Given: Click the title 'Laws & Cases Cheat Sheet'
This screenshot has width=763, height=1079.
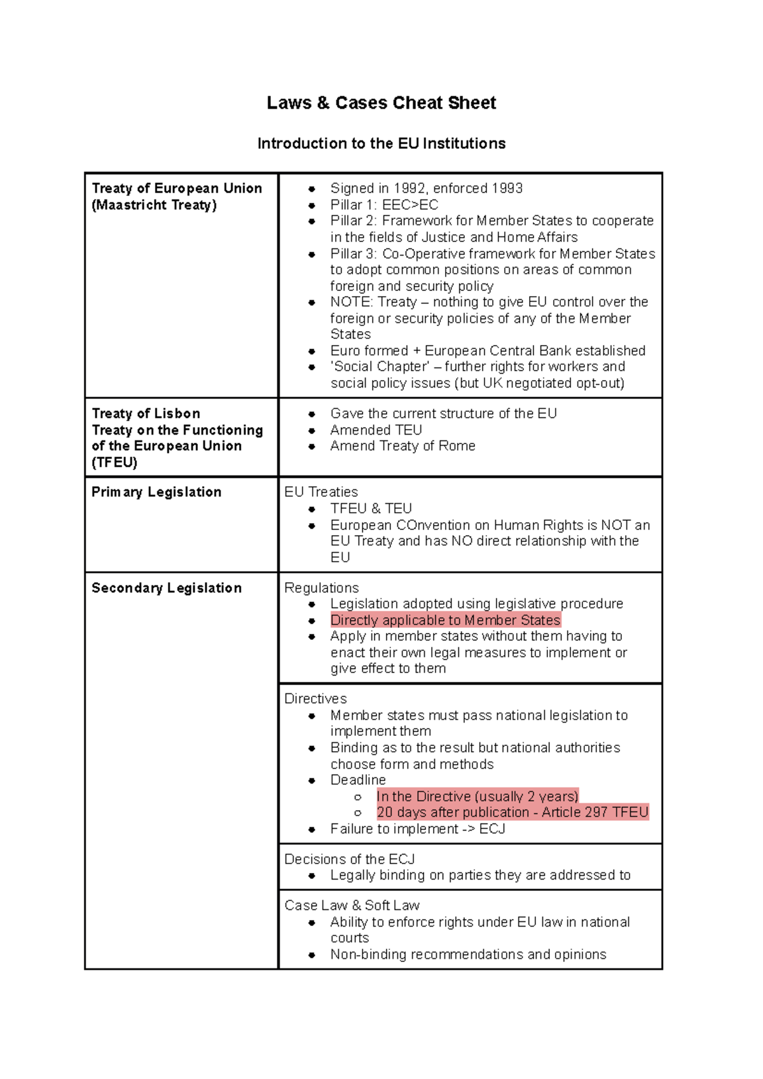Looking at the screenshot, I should (381, 103).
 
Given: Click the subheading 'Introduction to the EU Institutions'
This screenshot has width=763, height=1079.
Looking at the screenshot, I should (381, 144).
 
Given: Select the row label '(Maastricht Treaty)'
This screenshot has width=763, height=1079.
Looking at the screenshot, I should (155, 205).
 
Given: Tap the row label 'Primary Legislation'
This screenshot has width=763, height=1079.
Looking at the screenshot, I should (156, 492).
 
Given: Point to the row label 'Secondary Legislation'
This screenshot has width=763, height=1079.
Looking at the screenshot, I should (167, 588).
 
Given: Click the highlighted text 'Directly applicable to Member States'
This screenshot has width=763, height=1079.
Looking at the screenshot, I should (445, 620).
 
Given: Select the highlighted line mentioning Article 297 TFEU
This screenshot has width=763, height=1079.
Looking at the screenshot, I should (512, 812).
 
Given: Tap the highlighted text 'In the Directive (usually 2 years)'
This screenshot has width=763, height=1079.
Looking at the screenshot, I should (478, 796).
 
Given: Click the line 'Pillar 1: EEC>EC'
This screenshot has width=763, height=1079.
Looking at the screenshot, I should (384, 205).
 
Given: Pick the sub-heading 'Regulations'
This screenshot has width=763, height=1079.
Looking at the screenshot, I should (321, 588).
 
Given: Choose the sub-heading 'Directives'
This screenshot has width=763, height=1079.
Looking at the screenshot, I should (315, 699).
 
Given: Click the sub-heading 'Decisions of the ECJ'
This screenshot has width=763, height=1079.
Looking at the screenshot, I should (349, 859).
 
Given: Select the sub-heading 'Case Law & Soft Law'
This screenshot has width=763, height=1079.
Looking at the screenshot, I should (352, 906).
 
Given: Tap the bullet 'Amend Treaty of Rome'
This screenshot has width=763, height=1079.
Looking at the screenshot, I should (402, 446).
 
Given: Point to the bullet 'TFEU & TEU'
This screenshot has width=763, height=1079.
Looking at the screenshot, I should (371, 509).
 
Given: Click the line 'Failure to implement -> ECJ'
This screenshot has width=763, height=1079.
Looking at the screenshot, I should (417, 829).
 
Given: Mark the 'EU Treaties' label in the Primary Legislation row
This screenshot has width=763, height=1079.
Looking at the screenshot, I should (321, 492).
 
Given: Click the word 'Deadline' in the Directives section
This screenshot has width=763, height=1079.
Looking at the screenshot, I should (358, 780).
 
